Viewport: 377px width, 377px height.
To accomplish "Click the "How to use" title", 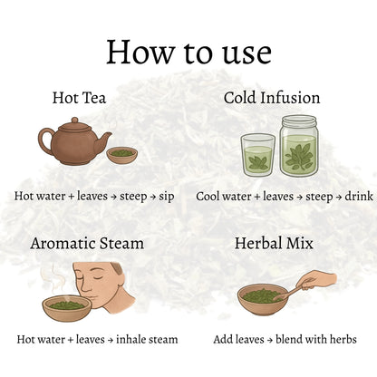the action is point(188,52).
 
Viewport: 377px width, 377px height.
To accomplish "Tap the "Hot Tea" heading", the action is point(79,98).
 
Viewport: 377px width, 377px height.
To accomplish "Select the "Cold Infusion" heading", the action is point(272,98).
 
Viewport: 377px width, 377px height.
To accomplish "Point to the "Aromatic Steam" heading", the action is point(87,243).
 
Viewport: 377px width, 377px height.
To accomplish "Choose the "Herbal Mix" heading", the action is point(274,243).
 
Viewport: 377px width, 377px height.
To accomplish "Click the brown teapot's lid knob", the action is point(75,121).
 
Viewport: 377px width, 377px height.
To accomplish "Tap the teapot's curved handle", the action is point(44,141).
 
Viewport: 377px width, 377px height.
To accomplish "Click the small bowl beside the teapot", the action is point(121,155).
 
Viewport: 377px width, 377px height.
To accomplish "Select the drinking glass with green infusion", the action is point(257,155).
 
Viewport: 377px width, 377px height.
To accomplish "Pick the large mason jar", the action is point(299,146).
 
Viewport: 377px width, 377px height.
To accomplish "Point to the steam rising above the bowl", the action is point(54,279).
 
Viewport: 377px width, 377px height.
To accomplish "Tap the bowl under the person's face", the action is point(66,308).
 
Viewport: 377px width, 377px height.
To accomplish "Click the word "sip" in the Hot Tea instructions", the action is point(167,197).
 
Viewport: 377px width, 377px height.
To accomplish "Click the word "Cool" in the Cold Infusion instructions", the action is point(208,197).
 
